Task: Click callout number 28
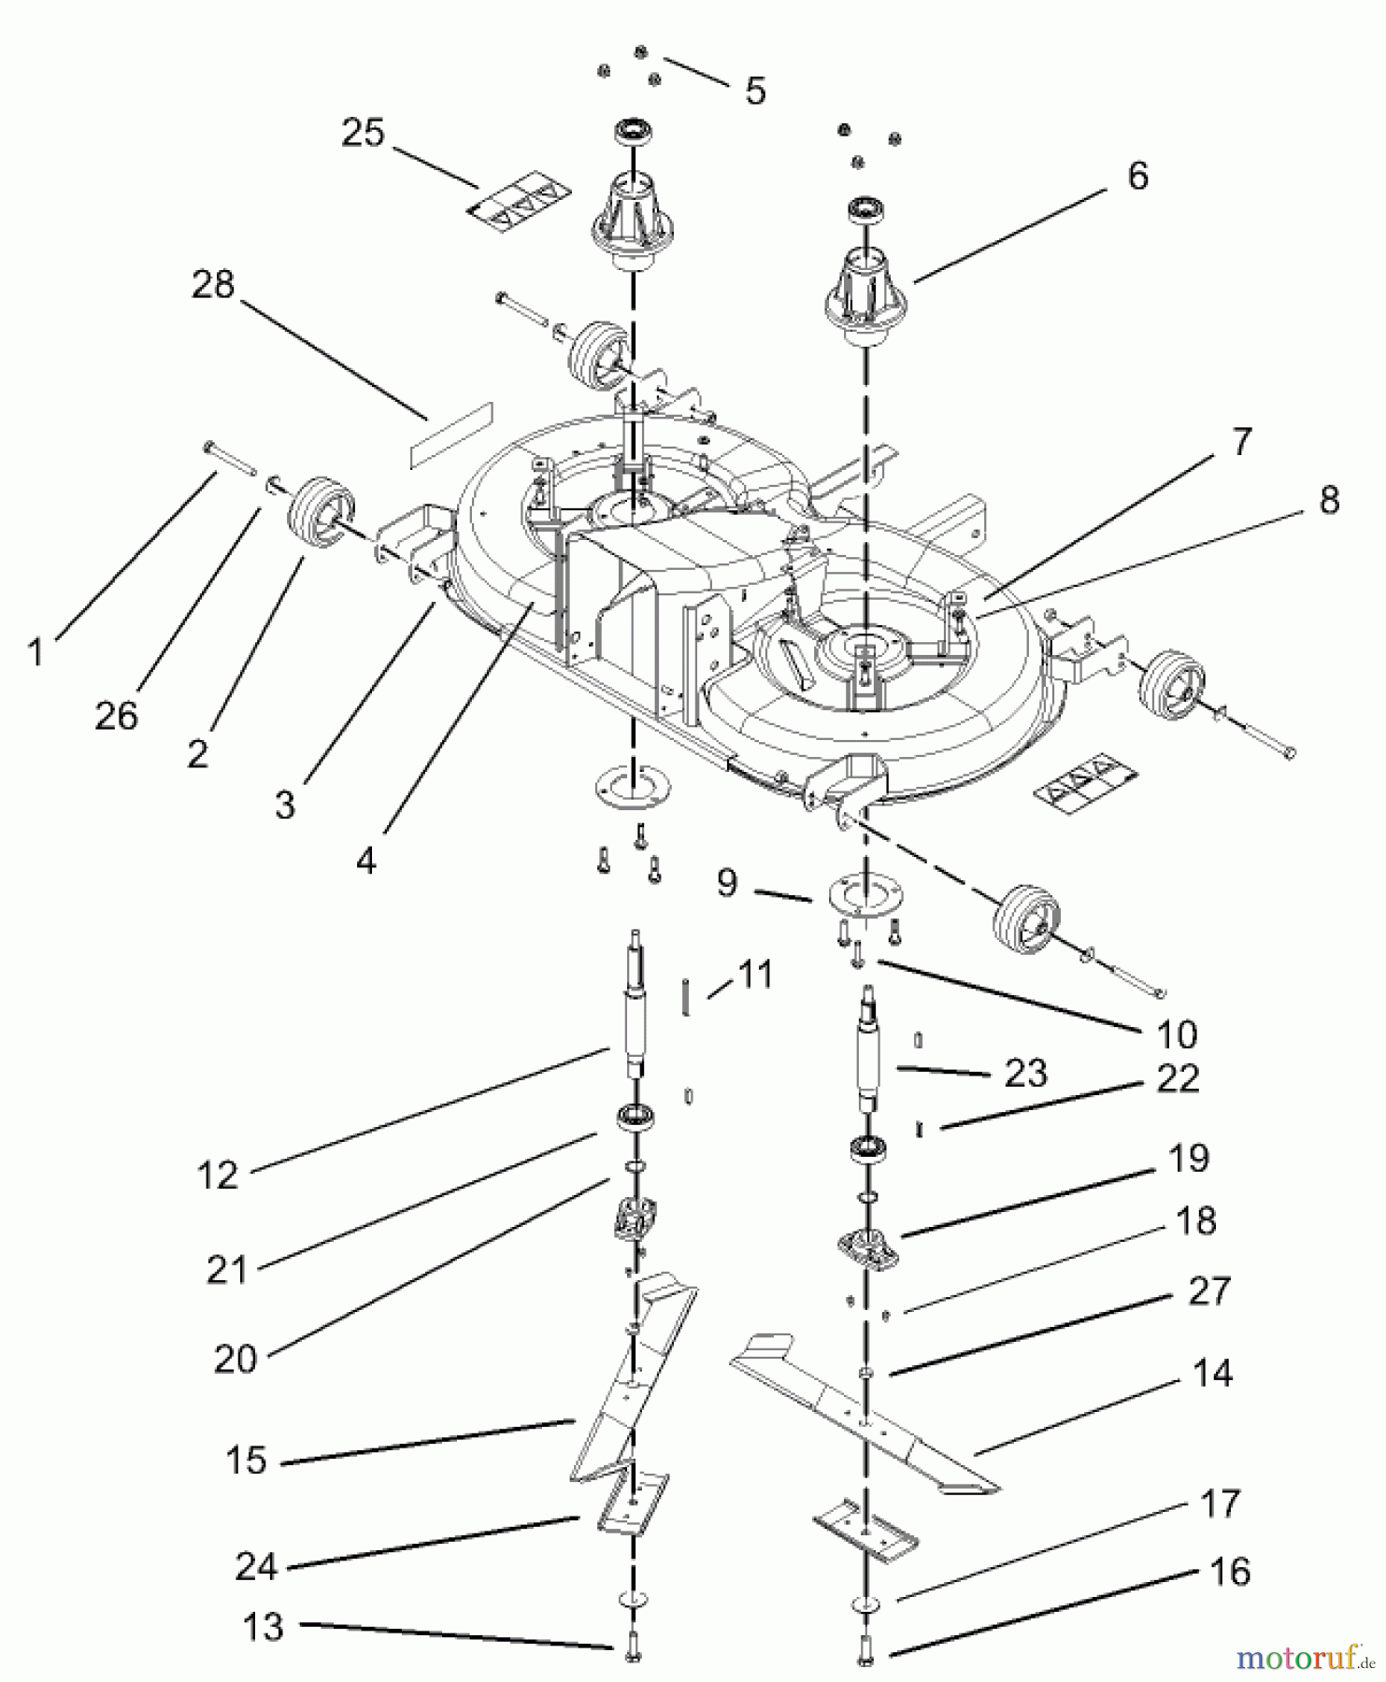(x=213, y=284)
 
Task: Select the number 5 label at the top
(x=755, y=91)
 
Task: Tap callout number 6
(x=1137, y=176)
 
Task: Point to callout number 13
(x=264, y=1627)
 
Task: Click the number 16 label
(x=1230, y=1572)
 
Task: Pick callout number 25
(x=363, y=132)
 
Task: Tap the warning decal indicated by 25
(x=519, y=200)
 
